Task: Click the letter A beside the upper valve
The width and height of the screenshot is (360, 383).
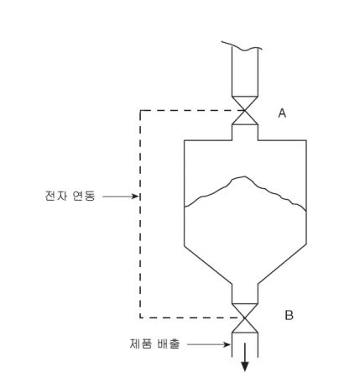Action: (282, 113)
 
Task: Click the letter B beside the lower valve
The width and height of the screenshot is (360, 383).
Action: (289, 315)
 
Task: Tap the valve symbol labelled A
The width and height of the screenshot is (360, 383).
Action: (245, 110)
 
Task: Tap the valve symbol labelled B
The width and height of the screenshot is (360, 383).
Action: (245, 318)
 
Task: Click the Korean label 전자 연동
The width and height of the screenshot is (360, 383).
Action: (70, 196)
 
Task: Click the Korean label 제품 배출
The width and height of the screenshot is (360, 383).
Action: (154, 344)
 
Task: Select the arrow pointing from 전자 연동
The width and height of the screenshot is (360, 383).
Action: (121, 197)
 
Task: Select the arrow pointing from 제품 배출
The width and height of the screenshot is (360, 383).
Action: (209, 344)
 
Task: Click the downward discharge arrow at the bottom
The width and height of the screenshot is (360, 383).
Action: (245, 357)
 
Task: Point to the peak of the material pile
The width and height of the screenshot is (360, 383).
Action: (244, 176)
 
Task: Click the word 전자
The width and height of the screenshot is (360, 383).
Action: (56, 196)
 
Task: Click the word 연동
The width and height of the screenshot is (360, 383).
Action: (84, 196)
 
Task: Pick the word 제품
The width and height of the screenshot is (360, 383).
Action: (141, 344)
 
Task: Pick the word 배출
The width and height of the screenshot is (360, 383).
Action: (169, 344)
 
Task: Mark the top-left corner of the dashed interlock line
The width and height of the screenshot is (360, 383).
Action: (140, 111)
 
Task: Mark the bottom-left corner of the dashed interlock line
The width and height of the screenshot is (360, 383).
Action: (140, 317)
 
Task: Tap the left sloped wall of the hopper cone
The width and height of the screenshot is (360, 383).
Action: (208, 265)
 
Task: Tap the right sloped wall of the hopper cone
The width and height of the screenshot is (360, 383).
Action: (282, 265)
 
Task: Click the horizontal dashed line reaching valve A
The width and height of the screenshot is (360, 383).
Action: (192, 111)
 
